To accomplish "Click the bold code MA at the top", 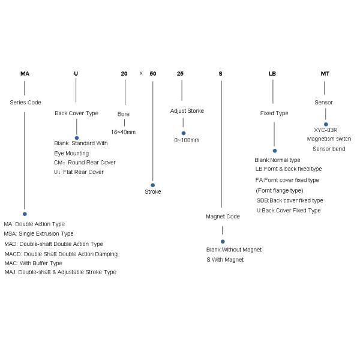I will (x=24, y=74).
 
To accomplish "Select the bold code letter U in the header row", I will (x=76, y=74).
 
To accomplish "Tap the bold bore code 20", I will (x=124, y=74).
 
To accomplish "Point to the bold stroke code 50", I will (x=153, y=74).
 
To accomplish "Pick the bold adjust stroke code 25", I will (x=181, y=74).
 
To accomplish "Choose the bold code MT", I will (x=325, y=74).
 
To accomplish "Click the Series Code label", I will (x=26, y=102).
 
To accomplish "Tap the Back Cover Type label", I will (x=76, y=113).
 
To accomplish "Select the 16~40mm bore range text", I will (x=124, y=131).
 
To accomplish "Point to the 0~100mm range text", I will (x=187, y=140).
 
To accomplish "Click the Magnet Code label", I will (x=223, y=216).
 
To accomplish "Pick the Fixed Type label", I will (x=274, y=113).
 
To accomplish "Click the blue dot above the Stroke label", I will (x=153, y=185).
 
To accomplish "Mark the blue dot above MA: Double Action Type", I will (x=25, y=214).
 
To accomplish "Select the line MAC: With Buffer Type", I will (x=34, y=263).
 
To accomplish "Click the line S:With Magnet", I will (x=225, y=259).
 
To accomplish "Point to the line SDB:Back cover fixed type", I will (x=290, y=200).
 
